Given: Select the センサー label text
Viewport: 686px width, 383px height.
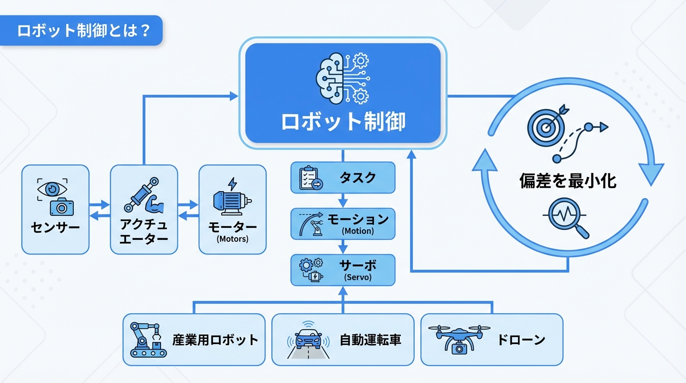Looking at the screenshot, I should pos(55,228).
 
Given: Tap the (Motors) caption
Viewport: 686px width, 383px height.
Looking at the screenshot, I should pos(232,239).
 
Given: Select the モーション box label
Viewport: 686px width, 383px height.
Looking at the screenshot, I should pos(357,219).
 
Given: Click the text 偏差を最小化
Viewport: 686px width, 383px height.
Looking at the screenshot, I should pos(568,181).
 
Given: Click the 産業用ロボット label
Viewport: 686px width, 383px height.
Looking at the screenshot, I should pos(215,340).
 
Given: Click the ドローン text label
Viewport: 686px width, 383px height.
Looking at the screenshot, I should pos(521,340).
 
